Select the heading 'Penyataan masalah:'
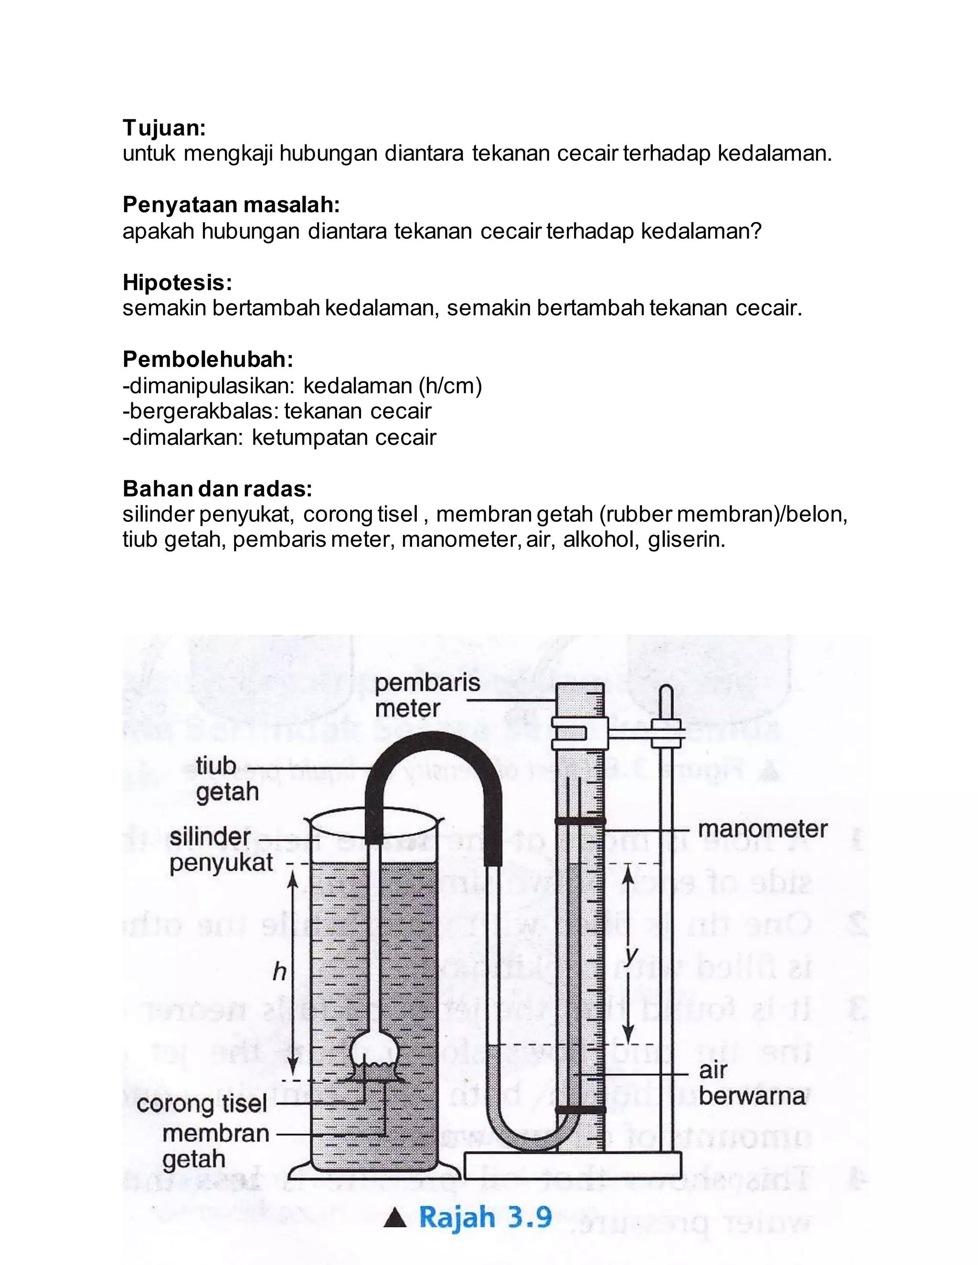[231, 205]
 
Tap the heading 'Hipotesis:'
[177, 283]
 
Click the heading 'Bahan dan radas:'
[217, 489]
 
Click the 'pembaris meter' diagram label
[427, 695]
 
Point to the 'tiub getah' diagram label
[226, 779]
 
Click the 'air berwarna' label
[751, 1083]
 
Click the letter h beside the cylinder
[279, 972]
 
